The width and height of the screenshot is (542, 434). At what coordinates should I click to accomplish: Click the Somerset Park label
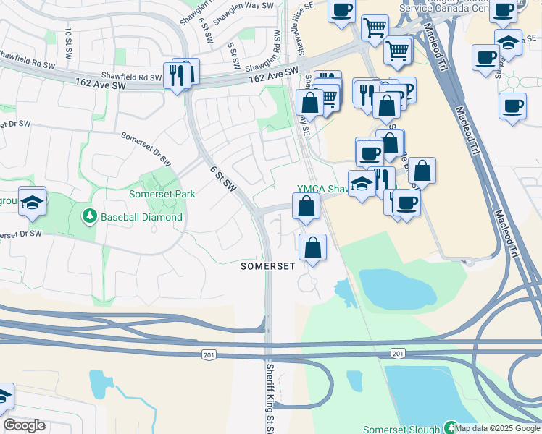162,194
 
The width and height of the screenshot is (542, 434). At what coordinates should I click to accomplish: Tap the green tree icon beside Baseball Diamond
90,216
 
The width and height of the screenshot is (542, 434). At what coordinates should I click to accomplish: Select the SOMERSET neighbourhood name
268,266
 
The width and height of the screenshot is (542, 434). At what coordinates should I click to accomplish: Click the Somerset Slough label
401,429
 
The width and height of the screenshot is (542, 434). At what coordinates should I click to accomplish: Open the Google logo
24,425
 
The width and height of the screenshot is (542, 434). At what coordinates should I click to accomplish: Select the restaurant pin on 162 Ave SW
177,75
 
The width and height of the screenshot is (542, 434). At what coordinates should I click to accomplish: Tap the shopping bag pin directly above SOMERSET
312,248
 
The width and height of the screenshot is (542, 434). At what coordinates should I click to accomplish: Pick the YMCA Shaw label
323,188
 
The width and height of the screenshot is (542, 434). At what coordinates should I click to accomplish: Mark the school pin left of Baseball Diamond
33,203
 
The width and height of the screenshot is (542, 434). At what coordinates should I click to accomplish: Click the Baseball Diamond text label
141,216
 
